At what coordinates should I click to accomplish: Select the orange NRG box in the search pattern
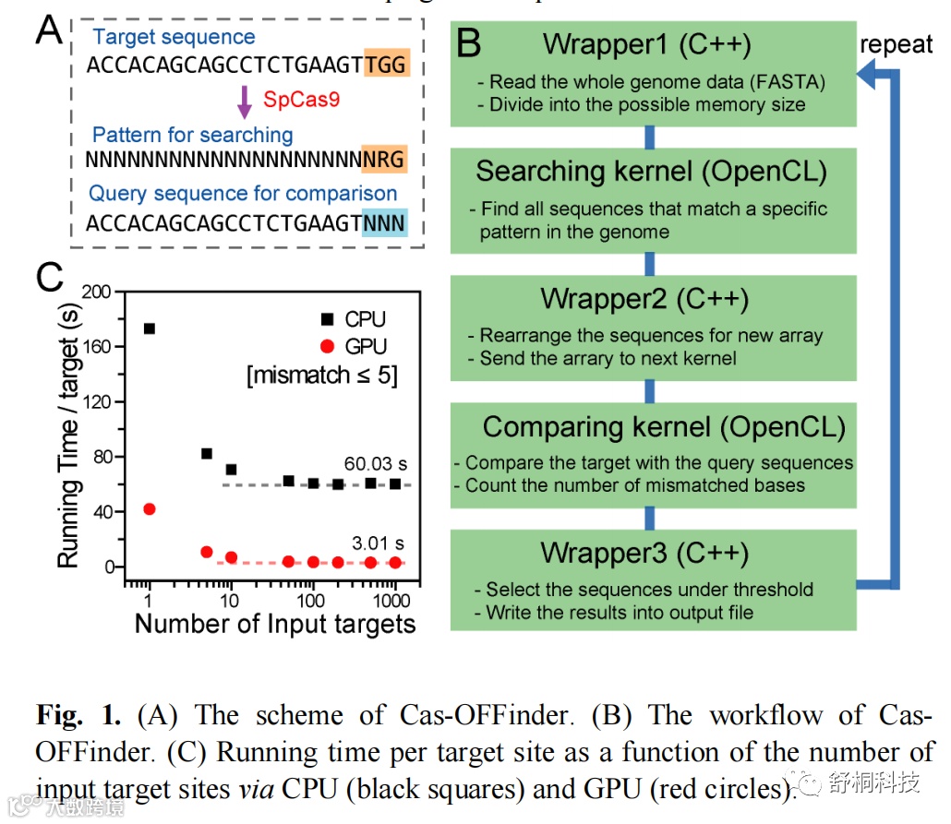[x=384, y=158]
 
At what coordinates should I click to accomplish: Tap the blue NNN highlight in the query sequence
[x=384, y=223]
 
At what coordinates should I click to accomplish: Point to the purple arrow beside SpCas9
[x=244, y=101]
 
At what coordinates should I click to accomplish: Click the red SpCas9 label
[x=301, y=99]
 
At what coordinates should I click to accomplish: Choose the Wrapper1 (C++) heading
[x=646, y=44]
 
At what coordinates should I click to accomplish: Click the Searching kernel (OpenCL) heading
[x=651, y=171]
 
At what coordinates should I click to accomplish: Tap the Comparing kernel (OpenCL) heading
[x=663, y=426]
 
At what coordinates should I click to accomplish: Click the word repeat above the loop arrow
[x=896, y=44]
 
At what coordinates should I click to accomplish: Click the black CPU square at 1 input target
[x=150, y=328]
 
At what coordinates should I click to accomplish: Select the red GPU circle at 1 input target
[x=150, y=509]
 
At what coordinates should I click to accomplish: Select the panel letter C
[x=48, y=277]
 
